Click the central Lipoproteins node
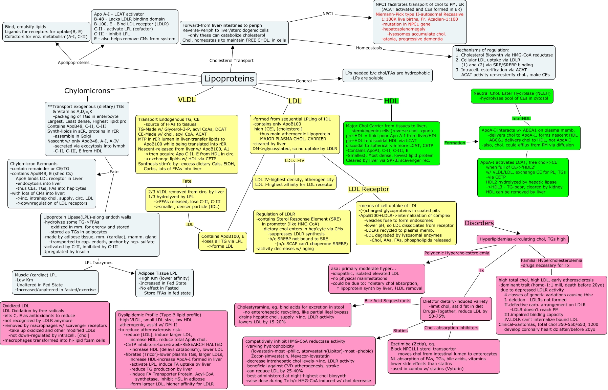[229, 79]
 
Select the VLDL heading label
[187, 99]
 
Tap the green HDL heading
[391, 101]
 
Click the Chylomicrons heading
[87, 91]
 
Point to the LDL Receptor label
[369, 189]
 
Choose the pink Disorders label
[479, 223]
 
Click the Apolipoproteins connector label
[74, 63]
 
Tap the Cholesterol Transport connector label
[231, 61]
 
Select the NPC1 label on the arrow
[328, 14]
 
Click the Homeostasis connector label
[369, 48]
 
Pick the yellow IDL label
[190, 224]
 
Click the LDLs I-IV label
[295, 160]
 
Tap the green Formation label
[455, 143]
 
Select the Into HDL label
[521, 118]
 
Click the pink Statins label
[400, 330]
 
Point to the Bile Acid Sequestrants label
[387, 301]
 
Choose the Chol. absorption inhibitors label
[451, 328]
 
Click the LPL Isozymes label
[98, 262]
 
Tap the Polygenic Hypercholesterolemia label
[457, 253]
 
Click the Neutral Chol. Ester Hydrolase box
[512, 96]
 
